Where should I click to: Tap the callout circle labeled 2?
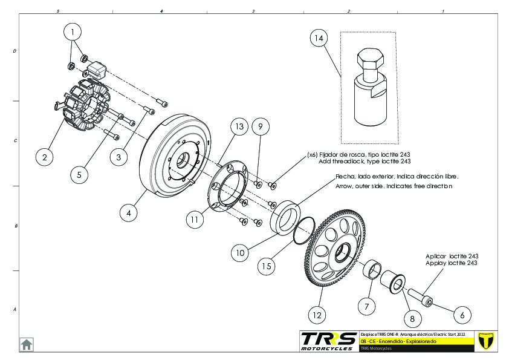coord(44,157)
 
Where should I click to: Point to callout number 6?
coord(462,315)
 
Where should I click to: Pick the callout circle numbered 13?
coord(239,126)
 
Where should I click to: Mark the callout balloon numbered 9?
coord(260,126)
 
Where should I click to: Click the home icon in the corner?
coord(27,344)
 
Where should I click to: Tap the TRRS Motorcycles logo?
coord(329,341)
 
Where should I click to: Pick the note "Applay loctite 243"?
coord(452,263)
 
